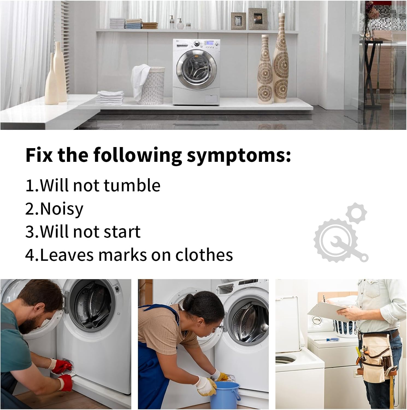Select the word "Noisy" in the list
(62, 209)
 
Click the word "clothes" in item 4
(204, 255)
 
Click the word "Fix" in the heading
(39, 155)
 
